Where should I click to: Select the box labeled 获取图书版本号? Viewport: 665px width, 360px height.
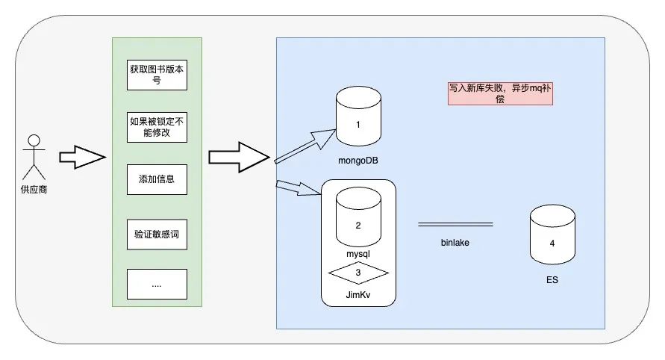pyautogui.click(x=157, y=75)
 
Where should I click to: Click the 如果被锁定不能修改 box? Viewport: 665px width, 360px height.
pyautogui.click(x=157, y=126)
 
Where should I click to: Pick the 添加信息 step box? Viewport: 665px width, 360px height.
pyautogui.click(x=157, y=179)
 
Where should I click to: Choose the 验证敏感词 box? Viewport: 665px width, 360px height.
pyautogui.click(x=157, y=234)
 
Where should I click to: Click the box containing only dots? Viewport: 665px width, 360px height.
pyautogui.click(x=157, y=285)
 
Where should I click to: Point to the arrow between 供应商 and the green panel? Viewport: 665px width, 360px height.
pyautogui.click(x=80, y=158)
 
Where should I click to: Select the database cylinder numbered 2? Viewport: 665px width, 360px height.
pyautogui.click(x=358, y=217)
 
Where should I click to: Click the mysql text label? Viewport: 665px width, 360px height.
pyautogui.click(x=359, y=254)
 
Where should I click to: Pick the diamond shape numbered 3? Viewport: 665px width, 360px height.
pyautogui.click(x=359, y=273)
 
